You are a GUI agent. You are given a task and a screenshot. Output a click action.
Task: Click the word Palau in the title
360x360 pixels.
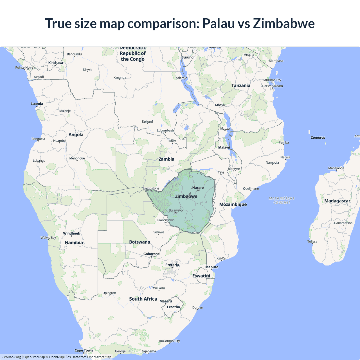pos(218,23)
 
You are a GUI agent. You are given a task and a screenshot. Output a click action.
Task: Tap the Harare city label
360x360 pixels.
pos(198,188)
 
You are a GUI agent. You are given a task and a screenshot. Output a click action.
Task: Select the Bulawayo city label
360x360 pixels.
pos(176,210)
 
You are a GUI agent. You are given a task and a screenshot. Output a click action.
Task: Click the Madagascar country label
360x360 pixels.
pos(337,201)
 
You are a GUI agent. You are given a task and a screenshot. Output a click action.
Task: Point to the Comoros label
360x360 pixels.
pos(318,138)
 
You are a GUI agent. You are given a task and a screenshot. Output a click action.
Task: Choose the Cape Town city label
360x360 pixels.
pos(84,350)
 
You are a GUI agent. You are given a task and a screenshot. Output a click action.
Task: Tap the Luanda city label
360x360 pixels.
pos(37,104)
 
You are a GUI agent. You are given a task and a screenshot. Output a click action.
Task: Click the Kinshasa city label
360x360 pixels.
pos(56,63)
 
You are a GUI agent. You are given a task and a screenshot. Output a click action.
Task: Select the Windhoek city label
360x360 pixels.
pos(71,233)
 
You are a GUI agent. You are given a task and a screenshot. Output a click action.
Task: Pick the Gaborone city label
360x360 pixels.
pos(151,254)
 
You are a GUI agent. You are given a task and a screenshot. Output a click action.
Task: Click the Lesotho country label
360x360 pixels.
pos(173,307)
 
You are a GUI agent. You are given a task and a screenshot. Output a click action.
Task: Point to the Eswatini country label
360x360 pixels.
pos(201,276)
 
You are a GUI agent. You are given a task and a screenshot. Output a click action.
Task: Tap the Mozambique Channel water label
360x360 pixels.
pos(282,200)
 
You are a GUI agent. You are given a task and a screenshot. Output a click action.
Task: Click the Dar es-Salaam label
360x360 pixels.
pos(273,86)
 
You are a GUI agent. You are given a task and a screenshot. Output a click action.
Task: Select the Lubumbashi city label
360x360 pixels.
pos(166,130)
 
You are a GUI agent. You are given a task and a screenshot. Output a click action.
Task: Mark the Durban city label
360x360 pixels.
pos(198,307)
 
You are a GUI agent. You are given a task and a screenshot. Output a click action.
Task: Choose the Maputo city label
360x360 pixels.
pos(212,267)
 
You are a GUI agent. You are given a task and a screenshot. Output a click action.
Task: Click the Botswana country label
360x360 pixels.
pos(139,242)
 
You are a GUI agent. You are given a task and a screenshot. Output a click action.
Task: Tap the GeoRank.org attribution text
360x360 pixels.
pos(11,357)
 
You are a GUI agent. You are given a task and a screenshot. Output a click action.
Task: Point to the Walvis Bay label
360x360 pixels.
pos(48,238)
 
